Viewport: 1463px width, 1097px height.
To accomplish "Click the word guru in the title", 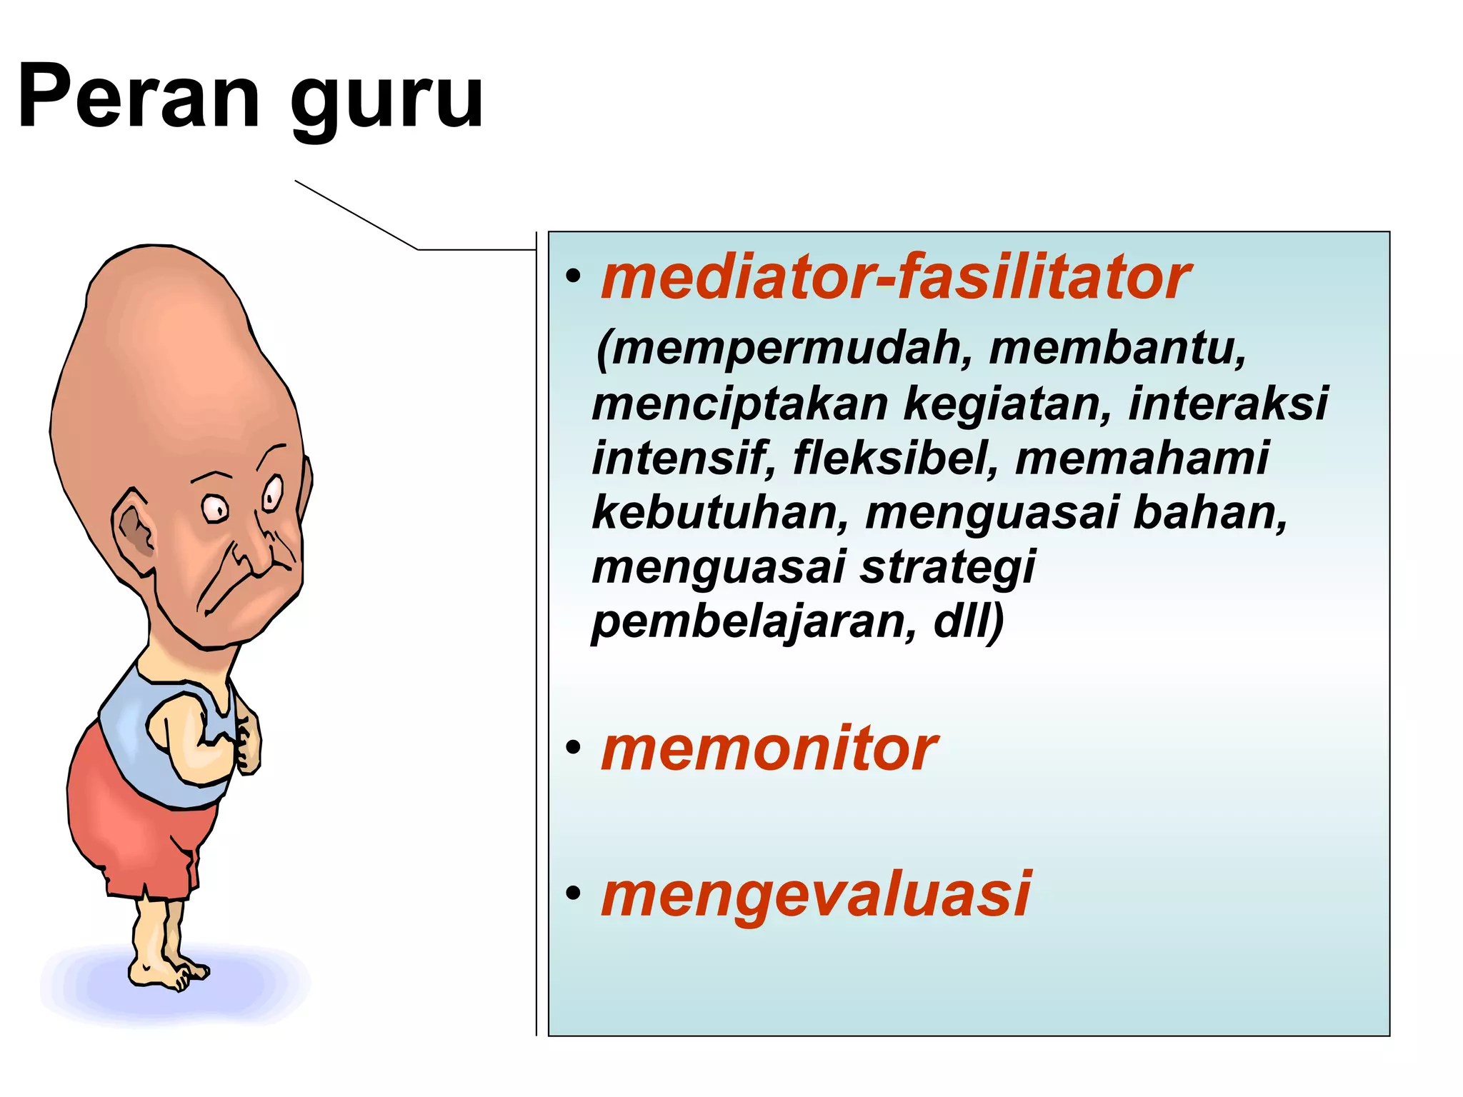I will coord(386,100).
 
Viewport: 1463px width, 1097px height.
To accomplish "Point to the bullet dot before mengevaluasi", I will coord(573,893).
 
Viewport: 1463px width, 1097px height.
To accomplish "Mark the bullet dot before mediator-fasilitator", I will coord(573,277).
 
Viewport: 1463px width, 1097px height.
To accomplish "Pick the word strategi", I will coord(947,568).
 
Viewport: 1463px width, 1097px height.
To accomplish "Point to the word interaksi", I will coord(1228,404).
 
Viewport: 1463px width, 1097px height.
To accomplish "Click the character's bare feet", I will coord(168,971).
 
